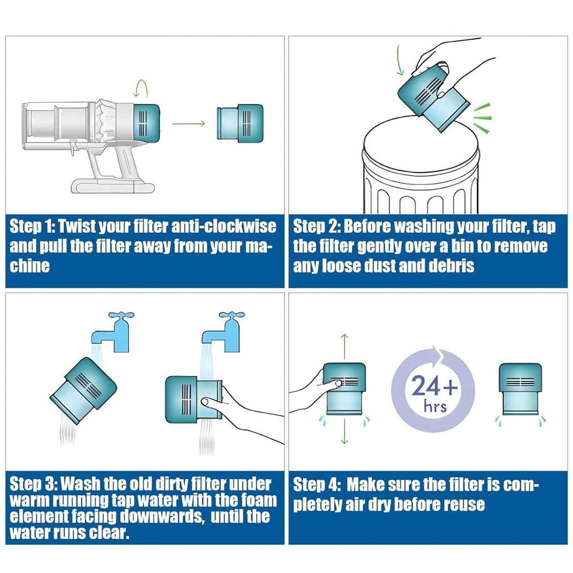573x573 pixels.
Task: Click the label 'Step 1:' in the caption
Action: click(32, 227)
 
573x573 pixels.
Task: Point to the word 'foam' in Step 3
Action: click(260, 500)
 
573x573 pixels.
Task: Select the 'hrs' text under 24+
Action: click(435, 405)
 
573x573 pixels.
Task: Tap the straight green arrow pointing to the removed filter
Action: click(188, 124)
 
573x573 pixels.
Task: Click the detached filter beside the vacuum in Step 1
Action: click(239, 124)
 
